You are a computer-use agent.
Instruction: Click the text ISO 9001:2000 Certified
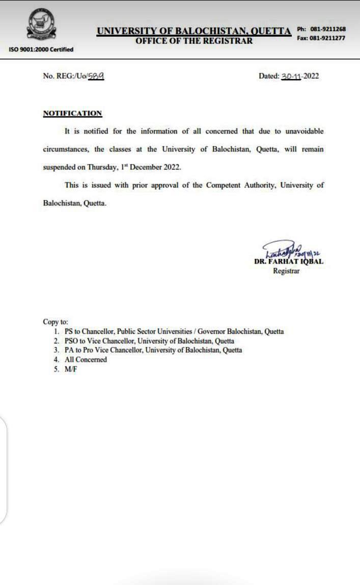click(41, 49)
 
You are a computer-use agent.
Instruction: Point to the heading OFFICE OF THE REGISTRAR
click(193, 41)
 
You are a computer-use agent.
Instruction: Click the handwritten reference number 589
click(96, 76)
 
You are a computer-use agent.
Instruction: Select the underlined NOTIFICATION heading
click(72, 113)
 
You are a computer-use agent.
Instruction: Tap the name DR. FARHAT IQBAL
click(288, 262)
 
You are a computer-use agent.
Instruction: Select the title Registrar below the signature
click(286, 271)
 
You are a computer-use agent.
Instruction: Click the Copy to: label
click(56, 322)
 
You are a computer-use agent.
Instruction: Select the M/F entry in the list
click(71, 368)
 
